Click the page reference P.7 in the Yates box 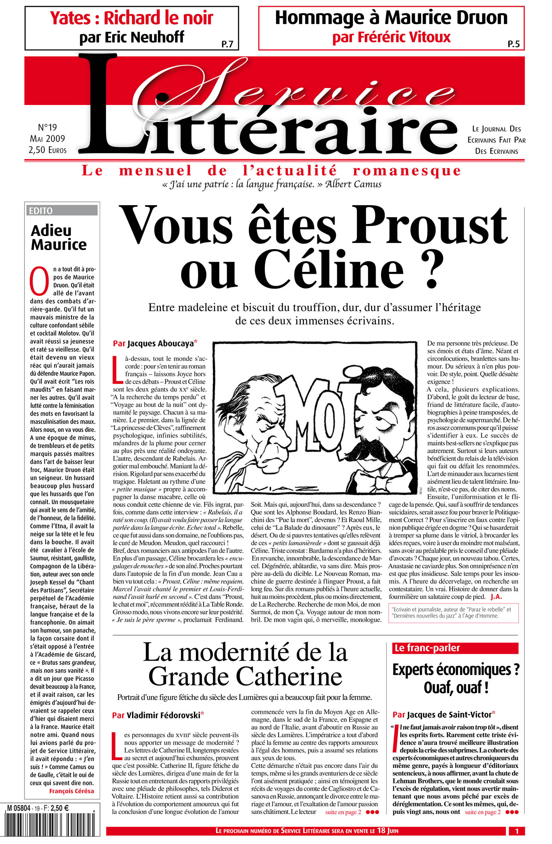pyautogui.click(x=227, y=44)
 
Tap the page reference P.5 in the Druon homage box pyautogui.click(x=513, y=44)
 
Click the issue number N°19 pyautogui.click(x=47, y=128)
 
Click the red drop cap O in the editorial pyautogui.click(x=39, y=281)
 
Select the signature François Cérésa pyautogui.click(x=71, y=791)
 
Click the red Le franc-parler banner pyautogui.click(x=455, y=648)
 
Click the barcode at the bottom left pyautogui.click(x=53, y=824)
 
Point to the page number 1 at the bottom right pyautogui.click(x=517, y=831)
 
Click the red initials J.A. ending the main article pyautogui.click(x=496, y=597)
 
